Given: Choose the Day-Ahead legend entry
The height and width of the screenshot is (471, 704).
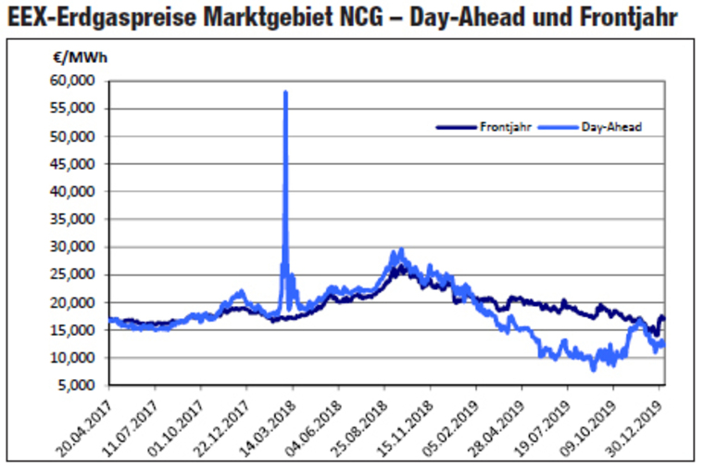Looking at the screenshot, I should [611, 127].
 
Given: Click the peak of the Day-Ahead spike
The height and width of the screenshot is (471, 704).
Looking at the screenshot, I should [285, 92].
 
